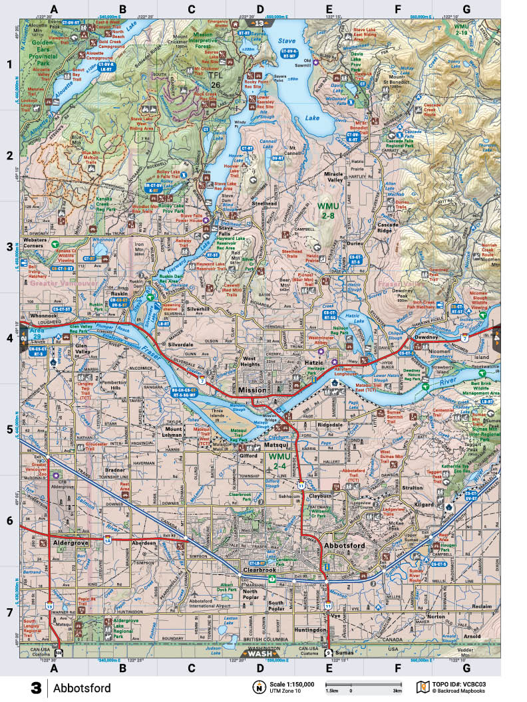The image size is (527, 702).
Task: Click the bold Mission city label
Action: [248, 390]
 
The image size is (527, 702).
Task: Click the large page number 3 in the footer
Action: [36, 687]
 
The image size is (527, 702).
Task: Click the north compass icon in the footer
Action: [258, 687]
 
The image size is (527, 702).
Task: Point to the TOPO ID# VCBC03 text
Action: [462, 683]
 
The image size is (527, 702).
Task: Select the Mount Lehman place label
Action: [174, 433]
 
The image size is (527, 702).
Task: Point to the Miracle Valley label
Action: [342, 177]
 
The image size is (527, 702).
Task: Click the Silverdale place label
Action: [180, 345]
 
